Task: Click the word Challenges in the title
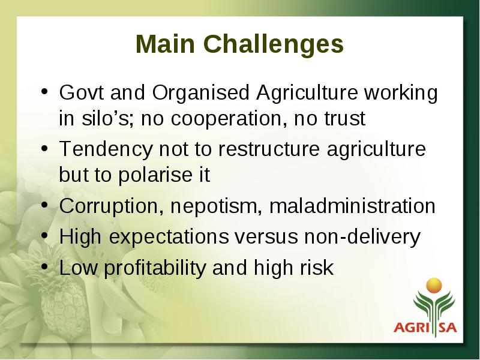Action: click(x=274, y=44)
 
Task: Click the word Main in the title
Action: click(x=166, y=44)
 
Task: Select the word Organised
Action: click(x=201, y=93)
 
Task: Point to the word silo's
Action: click(x=107, y=118)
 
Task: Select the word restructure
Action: click(x=269, y=149)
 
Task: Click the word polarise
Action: click(x=155, y=175)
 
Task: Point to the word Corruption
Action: click(x=111, y=206)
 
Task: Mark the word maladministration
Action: click(x=352, y=206)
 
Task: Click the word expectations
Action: click(x=169, y=237)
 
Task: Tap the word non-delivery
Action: click(x=362, y=237)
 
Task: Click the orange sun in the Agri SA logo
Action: click(x=434, y=286)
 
